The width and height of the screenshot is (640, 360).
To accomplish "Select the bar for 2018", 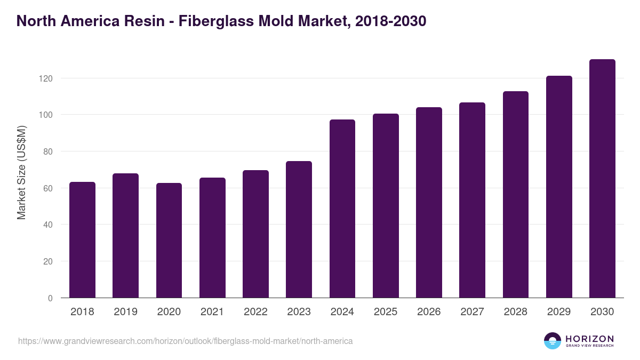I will click(82, 240).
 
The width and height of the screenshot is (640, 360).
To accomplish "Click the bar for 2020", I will click(169, 241).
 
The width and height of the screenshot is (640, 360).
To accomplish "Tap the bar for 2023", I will click(299, 229).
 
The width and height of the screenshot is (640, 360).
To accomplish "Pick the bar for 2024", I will click(342, 209).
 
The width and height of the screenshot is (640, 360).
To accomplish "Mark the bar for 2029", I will click(559, 187).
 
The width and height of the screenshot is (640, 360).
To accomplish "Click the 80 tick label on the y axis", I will click(49, 151).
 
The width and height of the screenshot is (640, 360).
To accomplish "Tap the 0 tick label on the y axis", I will click(51, 298).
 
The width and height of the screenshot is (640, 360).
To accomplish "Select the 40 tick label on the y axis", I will click(49, 225).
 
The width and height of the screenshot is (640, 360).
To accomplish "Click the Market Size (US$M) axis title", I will click(21, 172).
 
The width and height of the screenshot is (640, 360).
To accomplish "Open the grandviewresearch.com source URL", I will click(185, 341).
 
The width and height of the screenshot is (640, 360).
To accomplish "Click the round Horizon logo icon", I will click(553, 341).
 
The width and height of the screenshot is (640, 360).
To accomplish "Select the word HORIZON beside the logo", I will click(589, 338).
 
